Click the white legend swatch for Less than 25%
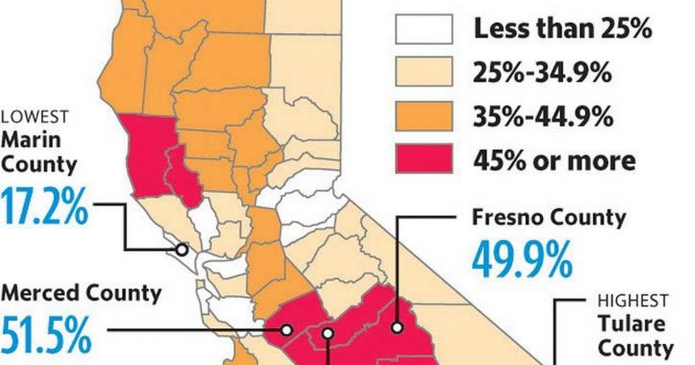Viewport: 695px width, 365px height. (x=424, y=29)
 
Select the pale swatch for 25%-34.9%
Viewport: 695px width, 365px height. (x=424, y=72)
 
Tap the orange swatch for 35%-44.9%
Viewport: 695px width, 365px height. (x=424, y=116)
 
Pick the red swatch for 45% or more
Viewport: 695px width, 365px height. (x=424, y=159)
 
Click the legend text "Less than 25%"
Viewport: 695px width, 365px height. (x=563, y=29)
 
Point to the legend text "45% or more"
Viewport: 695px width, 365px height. (x=554, y=160)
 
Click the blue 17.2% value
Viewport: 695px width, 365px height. (x=45, y=208)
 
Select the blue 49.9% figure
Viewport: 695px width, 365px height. (x=521, y=259)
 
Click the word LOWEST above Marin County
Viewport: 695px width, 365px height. (x=35, y=117)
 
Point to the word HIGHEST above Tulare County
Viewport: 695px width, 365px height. (x=632, y=300)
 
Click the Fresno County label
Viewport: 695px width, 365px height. (x=549, y=218)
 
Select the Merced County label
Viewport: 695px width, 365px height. (x=80, y=294)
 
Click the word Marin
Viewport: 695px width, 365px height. (x=31, y=140)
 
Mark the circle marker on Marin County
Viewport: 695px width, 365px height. (x=181, y=249)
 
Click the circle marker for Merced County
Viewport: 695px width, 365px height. (x=286, y=330)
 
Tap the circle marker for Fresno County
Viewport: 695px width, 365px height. (x=397, y=327)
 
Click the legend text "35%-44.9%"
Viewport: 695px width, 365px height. (x=543, y=116)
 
